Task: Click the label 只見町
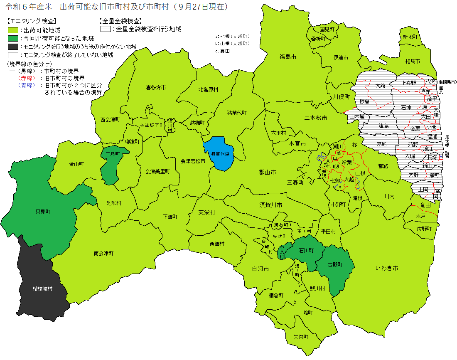click(43, 212)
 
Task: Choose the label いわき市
click(386, 269)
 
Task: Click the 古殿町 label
click(335, 265)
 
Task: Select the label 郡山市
click(267, 172)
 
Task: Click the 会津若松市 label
click(193, 161)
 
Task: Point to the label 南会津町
click(103, 253)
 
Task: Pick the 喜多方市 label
click(156, 88)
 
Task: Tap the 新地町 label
click(410, 37)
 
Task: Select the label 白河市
click(260, 269)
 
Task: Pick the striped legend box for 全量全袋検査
click(106, 29)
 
